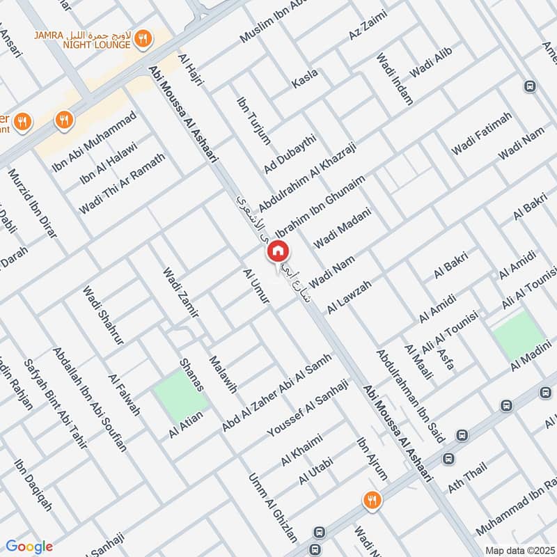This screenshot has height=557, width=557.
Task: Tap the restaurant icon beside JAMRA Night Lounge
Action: pyautogui.click(x=143, y=40)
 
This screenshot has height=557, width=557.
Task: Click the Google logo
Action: pyautogui.click(x=29, y=547)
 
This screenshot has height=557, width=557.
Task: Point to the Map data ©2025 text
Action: pyautogui.click(x=519, y=549)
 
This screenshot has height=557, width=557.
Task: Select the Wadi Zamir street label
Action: pyautogui.click(x=181, y=293)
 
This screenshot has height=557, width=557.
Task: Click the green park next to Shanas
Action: pyautogui.click(x=180, y=395)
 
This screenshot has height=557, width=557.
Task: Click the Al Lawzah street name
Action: pyautogui.click(x=350, y=296)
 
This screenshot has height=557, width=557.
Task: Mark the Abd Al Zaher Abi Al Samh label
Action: pyautogui.click(x=276, y=392)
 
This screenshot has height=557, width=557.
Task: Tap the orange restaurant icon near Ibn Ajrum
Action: pyautogui.click(x=370, y=500)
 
